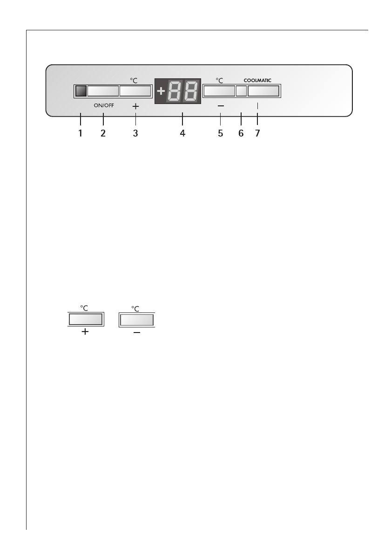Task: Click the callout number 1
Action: (80, 133)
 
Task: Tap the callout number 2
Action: (103, 133)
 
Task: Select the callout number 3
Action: (135, 133)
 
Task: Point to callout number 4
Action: (182, 133)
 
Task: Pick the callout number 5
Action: (220, 133)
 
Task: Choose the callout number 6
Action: (241, 133)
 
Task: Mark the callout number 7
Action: (257, 133)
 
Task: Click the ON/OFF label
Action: (104, 105)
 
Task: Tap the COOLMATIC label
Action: (257, 80)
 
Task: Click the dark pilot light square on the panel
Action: (81, 91)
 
